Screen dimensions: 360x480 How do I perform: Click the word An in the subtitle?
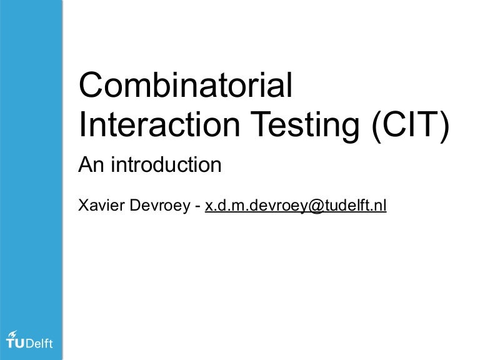88,166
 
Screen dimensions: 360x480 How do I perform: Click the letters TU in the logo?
16,342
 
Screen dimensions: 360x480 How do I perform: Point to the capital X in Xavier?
82,205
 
